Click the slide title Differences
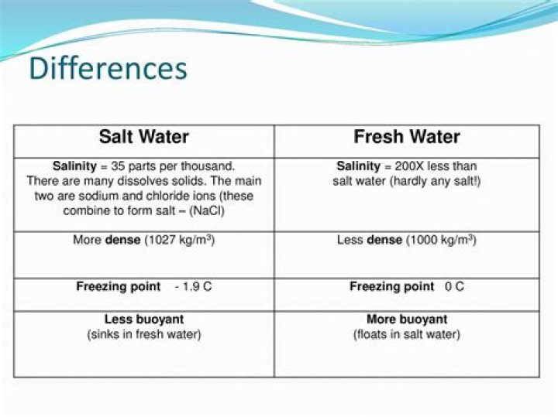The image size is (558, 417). [108, 68]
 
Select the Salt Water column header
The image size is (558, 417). [143, 138]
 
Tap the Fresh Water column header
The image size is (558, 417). [407, 138]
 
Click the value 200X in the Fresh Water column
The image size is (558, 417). [400, 166]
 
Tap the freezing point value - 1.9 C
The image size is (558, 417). [193, 286]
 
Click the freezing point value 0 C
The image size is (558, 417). [454, 286]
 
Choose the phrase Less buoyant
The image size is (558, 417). [144, 319]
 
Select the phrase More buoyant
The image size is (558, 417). [407, 319]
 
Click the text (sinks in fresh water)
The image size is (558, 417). [144, 334]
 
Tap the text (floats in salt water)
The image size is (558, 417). [407, 334]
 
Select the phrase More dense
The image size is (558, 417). [107, 240]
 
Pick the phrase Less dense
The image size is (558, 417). [369, 240]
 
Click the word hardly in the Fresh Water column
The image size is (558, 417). [410, 181]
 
